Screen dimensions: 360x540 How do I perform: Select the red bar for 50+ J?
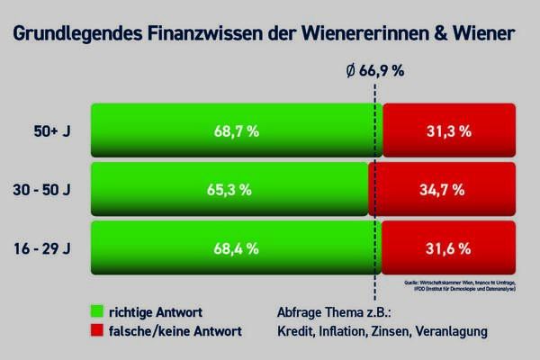pos(448,130)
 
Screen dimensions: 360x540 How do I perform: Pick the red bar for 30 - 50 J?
pos(442,189)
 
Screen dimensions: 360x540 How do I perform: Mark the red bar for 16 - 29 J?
pos(448,247)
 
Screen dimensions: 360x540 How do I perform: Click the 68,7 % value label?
pos(237,130)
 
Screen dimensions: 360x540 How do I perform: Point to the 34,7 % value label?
pos(442,189)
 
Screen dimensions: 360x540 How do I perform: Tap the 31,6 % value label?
pos(448,247)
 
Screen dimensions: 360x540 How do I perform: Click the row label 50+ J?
pos(52,130)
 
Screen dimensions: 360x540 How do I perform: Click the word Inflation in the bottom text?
pos(342,331)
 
